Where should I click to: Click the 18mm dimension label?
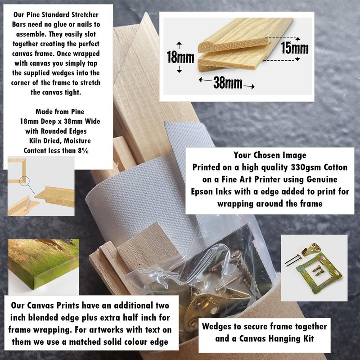tap(180, 57)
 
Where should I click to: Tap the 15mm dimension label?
tap(295, 48)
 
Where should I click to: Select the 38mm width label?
tap(228, 83)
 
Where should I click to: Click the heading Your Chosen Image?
tap(270, 155)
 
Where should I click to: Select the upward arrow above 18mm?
tap(179, 45)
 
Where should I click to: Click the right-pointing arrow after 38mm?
tap(249, 86)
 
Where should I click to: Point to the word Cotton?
tap(335, 167)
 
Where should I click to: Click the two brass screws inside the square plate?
tap(318, 270)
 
